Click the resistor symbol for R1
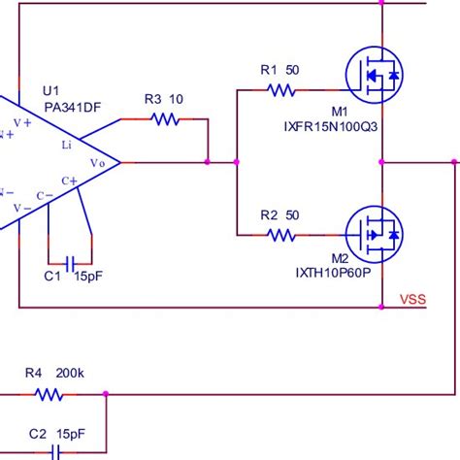click(x=280, y=90)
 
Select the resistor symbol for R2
click(x=280, y=235)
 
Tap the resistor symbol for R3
click(x=165, y=119)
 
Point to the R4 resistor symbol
click(x=49, y=394)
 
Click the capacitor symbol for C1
click(x=69, y=262)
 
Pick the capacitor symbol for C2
click(x=56, y=452)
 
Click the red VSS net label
click(x=414, y=300)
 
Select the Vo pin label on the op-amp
click(x=98, y=163)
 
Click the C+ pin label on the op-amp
click(x=71, y=181)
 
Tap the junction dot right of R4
click(x=106, y=394)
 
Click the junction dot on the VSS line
click(x=383, y=308)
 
